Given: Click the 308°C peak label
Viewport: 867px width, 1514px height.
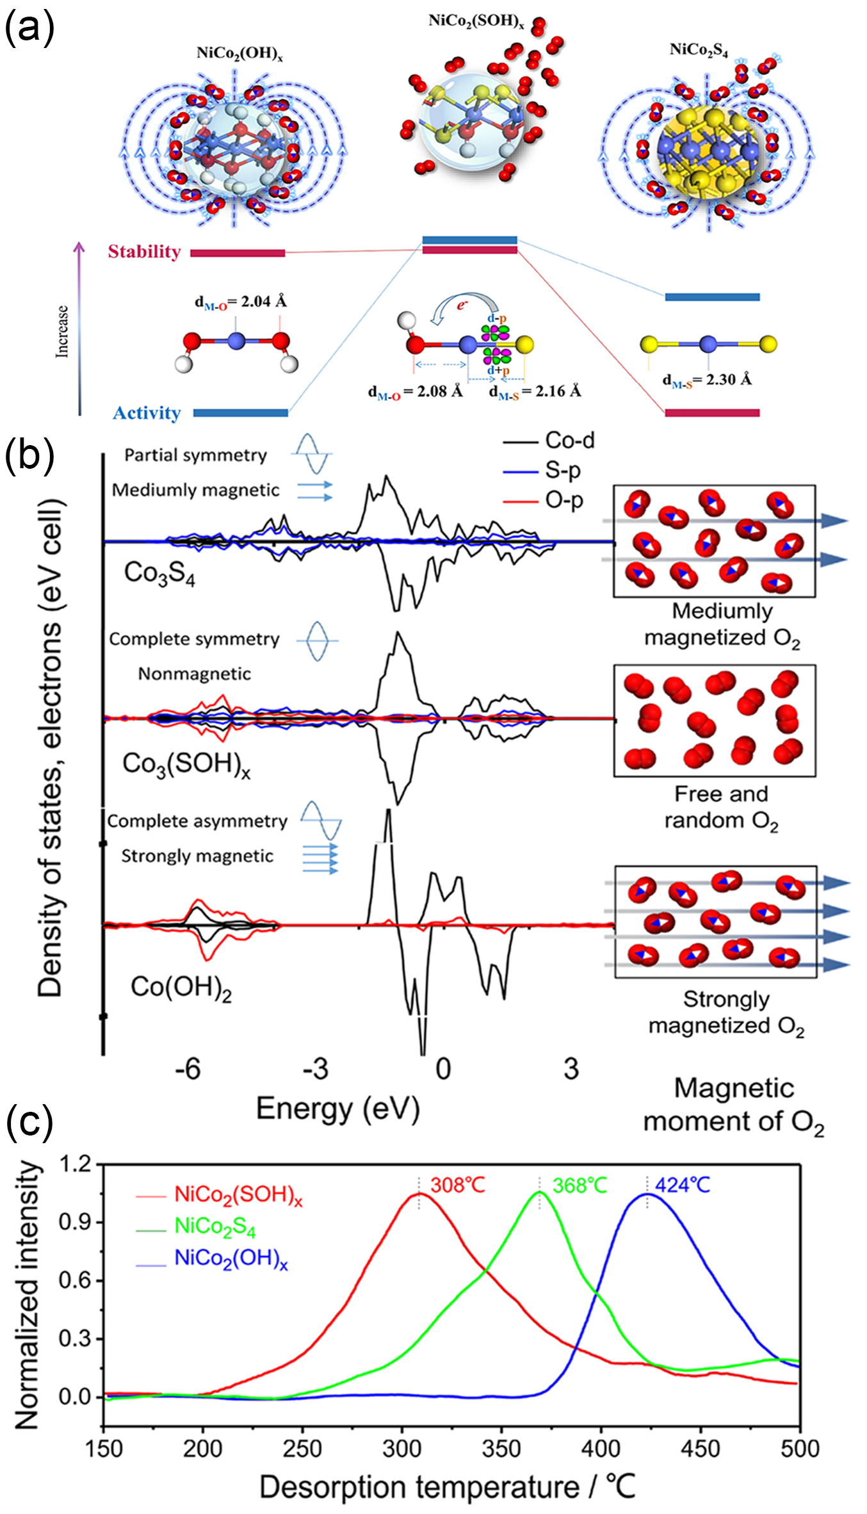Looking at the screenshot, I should click(457, 1185).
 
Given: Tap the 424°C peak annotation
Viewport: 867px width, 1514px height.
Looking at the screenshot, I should click(683, 1185).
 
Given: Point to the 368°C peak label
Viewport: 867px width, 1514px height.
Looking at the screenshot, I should click(579, 1185).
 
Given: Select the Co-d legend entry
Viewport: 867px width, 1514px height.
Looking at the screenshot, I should click(569, 441).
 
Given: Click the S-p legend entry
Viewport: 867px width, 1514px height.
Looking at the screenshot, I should click(563, 471).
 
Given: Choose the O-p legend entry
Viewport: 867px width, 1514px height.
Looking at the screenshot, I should click(563, 500).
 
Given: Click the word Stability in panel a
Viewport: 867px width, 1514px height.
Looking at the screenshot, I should click(144, 252).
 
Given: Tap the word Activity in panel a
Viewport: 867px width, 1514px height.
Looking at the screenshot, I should click(147, 413).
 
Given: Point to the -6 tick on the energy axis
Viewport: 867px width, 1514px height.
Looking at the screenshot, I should click(188, 1069).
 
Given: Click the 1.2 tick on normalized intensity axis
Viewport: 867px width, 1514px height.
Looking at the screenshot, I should click(76, 1164).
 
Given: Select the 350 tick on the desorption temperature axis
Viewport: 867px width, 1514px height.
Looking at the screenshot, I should click(501, 1448).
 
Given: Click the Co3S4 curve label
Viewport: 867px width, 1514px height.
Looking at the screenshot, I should click(159, 573).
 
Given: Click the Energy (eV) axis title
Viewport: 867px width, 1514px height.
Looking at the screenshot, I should click(338, 1108).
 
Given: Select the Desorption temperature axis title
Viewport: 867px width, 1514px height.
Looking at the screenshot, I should click(447, 1486).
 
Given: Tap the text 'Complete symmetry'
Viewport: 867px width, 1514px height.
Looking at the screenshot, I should click(194, 639).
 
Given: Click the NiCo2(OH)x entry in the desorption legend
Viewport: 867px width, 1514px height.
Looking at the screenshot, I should click(231, 1258).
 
